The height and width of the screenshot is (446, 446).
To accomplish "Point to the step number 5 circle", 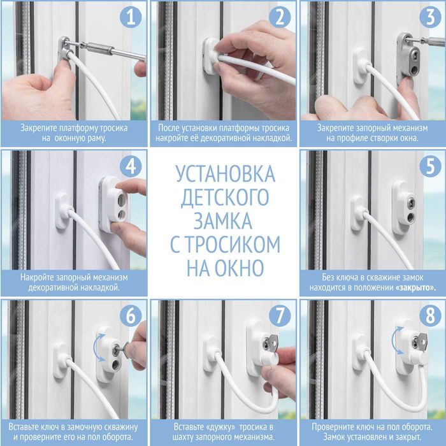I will point(429,167).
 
